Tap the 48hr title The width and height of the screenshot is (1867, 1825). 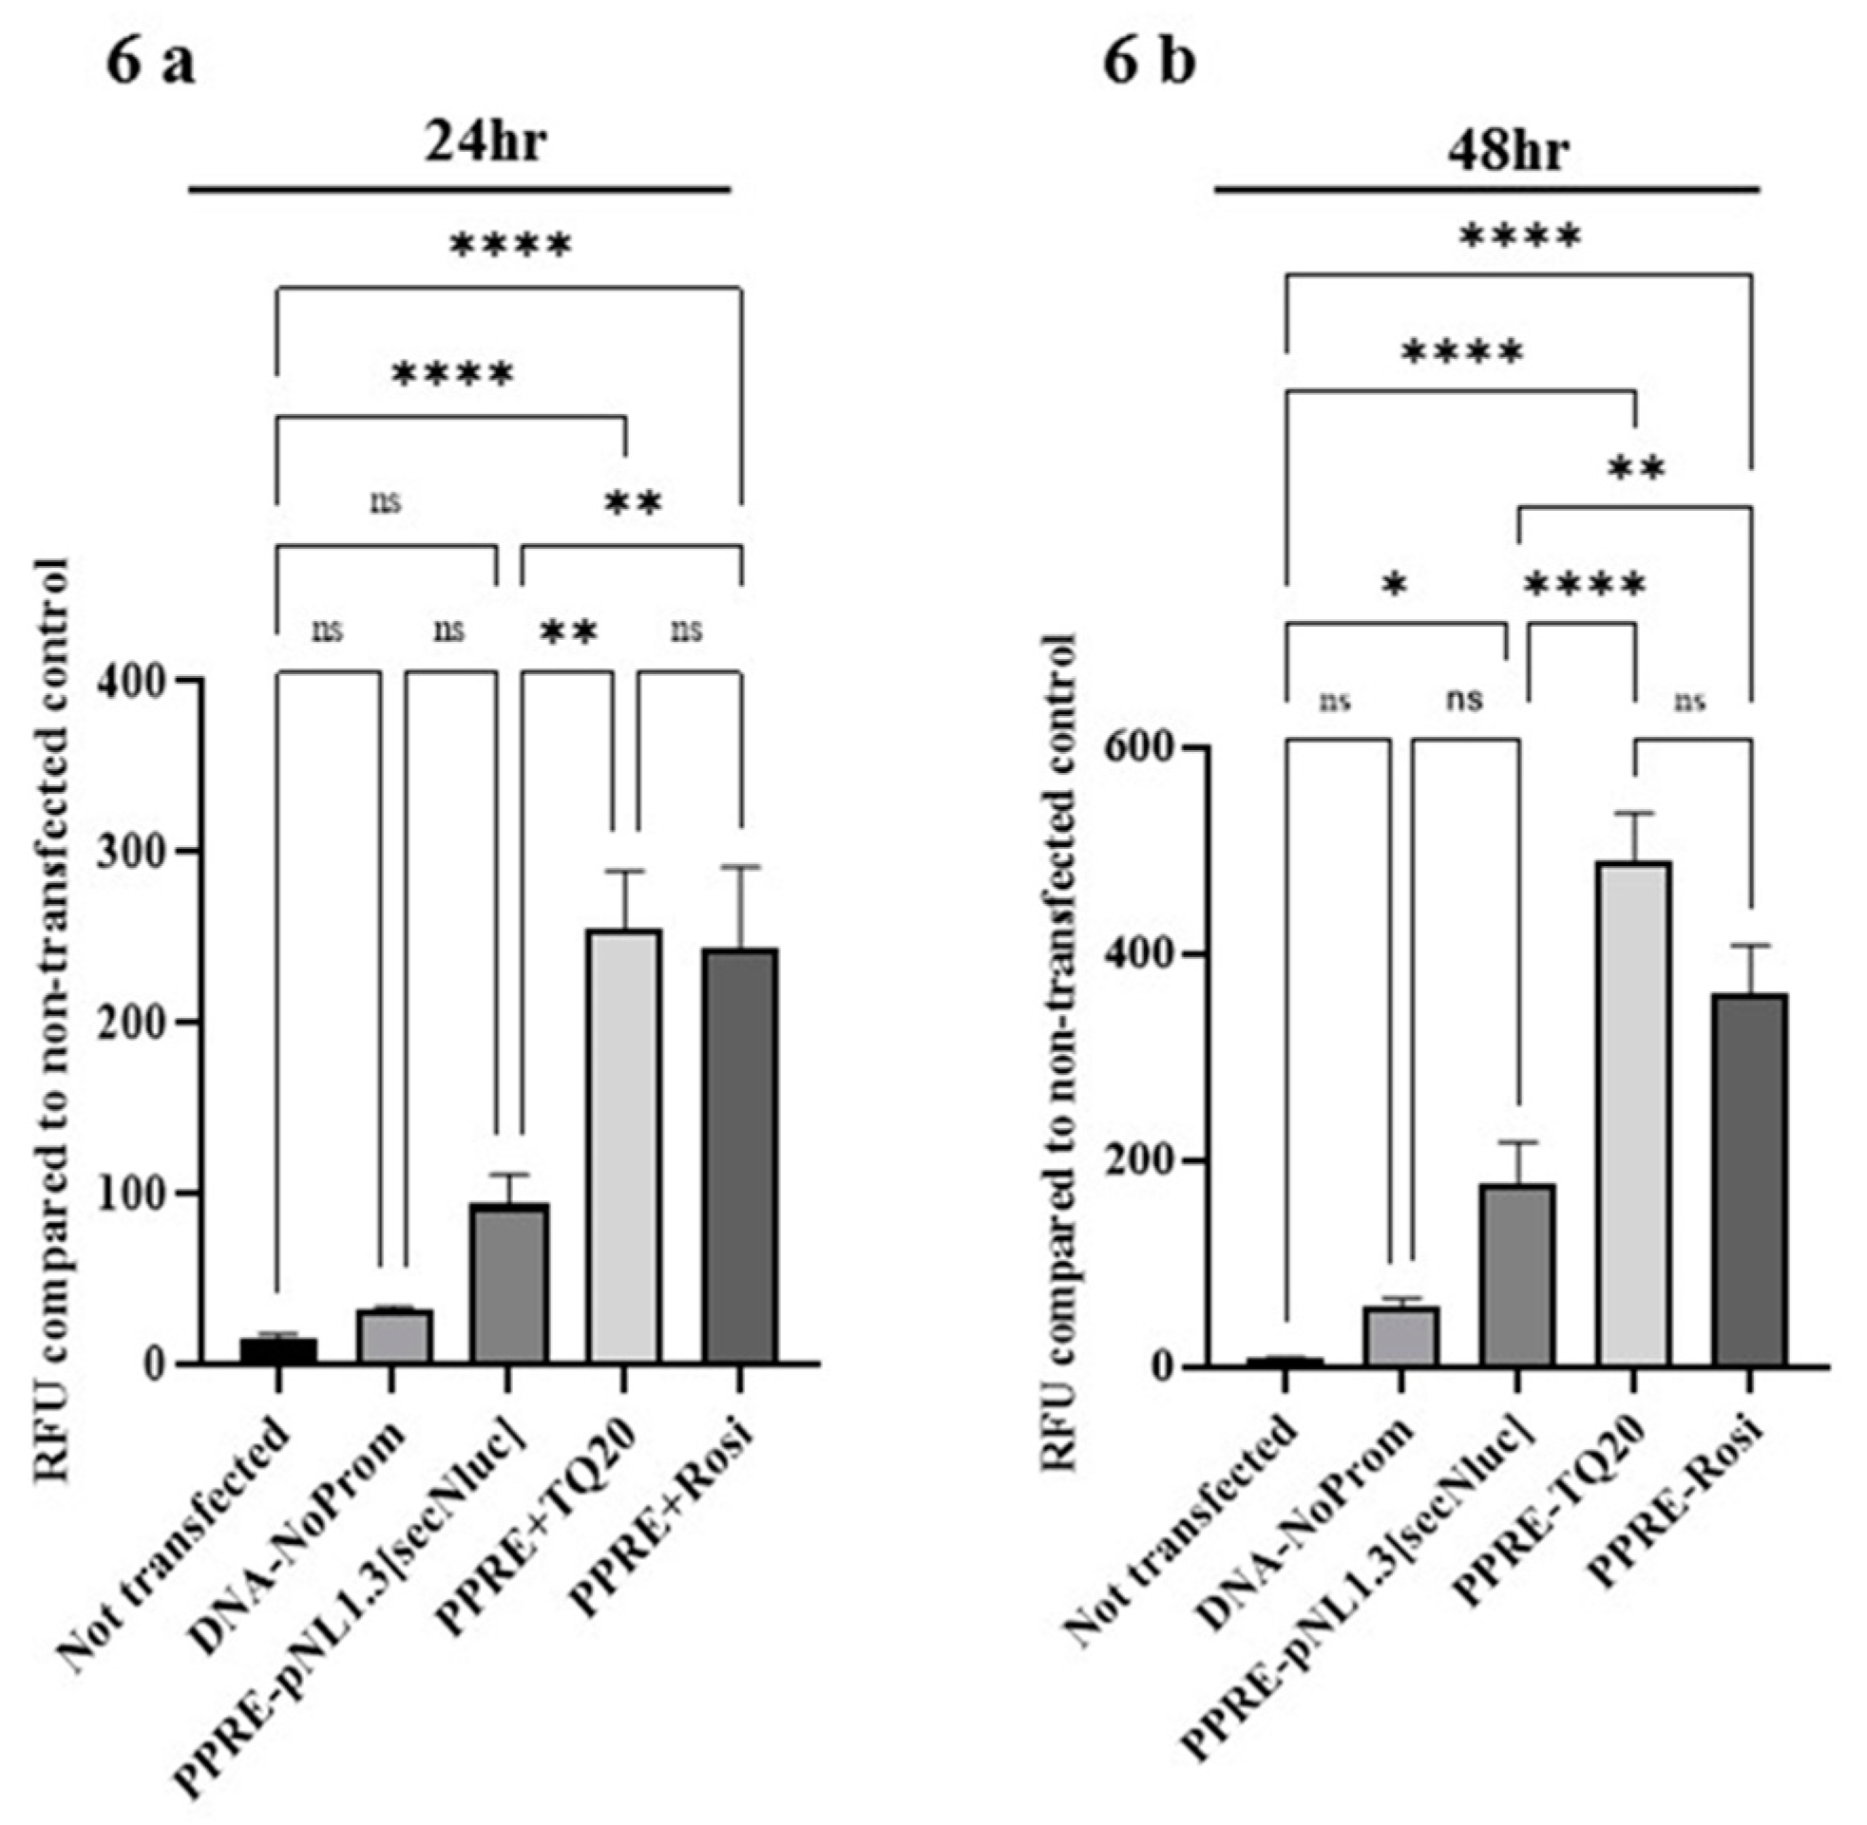pos(1508,149)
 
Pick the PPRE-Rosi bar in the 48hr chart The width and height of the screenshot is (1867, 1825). pos(1750,1179)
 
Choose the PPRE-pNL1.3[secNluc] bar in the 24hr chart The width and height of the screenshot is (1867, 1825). pos(509,1284)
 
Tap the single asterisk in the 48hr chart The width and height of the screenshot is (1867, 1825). pos(1395,585)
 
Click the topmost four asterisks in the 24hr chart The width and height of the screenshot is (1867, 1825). pos(510,246)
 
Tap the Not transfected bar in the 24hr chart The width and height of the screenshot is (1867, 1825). pos(278,1350)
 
